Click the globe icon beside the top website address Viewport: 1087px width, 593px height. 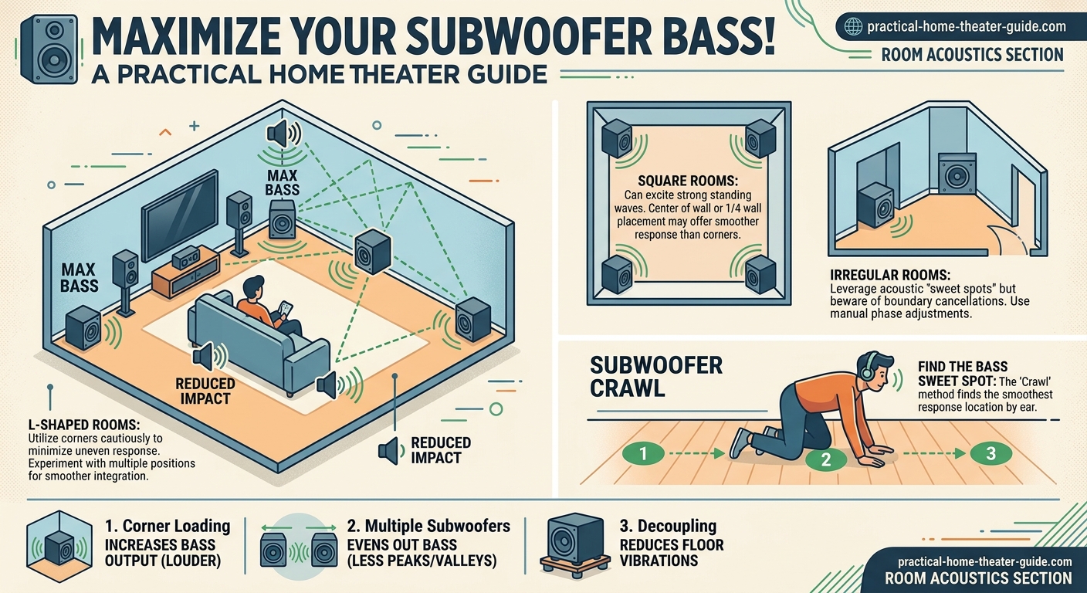[853, 26]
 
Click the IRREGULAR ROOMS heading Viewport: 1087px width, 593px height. [889, 275]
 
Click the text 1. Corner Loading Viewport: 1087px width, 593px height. [167, 527]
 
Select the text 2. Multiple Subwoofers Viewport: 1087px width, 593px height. [428, 527]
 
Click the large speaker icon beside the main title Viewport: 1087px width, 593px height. [49, 48]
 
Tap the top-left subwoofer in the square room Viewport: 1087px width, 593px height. [618, 137]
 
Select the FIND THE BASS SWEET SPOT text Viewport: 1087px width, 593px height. [963, 373]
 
